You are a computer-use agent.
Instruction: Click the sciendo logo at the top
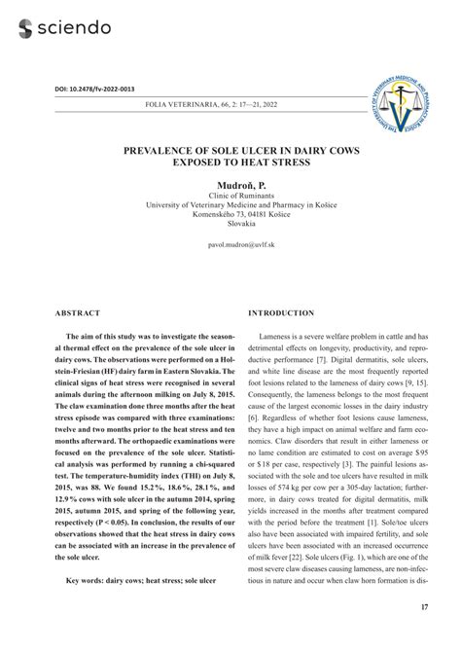pyautogui.click(x=64, y=27)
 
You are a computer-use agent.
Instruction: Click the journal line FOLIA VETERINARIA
pyautogui.click(x=230, y=102)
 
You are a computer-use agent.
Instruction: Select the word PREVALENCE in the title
pyautogui.click(x=162, y=152)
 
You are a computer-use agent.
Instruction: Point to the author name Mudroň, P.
pyautogui.click(x=230, y=184)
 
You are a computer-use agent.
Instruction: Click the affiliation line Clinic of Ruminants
pyautogui.click(x=230, y=195)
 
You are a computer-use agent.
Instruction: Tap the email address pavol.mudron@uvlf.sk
pyautogui.click(x=230, y=247)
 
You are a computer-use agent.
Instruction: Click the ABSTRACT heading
pyautogui.click(x=77, y=313)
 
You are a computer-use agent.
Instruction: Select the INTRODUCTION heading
pyautogui.click(x=281, y=313)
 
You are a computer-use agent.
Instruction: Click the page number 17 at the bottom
pyautogui.click(x=424, y=608)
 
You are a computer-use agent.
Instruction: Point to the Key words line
pyautogui.click(x=141, y=581)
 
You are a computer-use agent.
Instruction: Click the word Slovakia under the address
pyautogui.click(x=230, y=225)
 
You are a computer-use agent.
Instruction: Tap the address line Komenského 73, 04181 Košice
pyautogui.click(x=230, y=215)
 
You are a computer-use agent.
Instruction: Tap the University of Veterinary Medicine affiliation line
pyautogui.click(x=230, y=204)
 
